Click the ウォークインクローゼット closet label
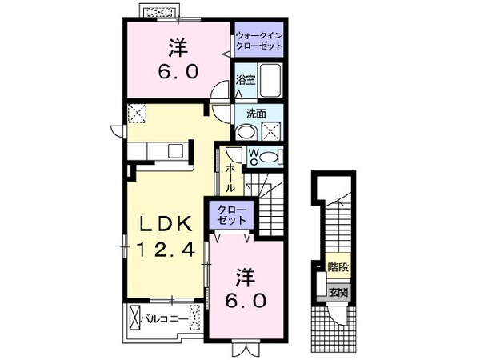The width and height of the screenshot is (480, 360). coord(260,41)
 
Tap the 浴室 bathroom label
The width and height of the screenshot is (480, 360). coord(245,79)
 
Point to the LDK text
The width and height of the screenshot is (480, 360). coord(165,222)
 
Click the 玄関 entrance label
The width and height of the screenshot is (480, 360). coord(338,292)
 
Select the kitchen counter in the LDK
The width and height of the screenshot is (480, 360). coord(159,150)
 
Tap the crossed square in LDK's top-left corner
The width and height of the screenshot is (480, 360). coord(137,114)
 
